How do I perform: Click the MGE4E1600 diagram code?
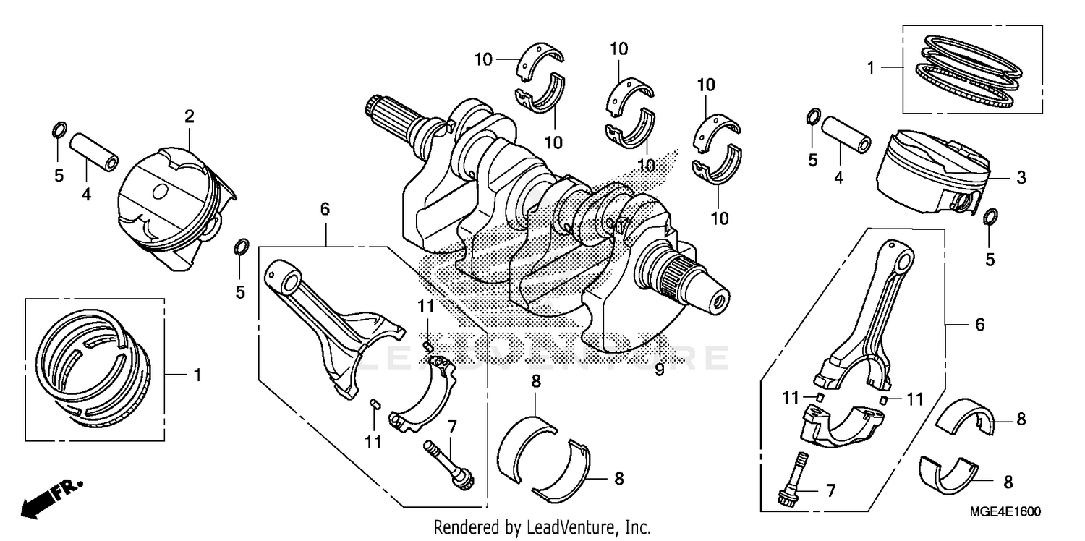click(1006, 512)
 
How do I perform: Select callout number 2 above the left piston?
click(189, 116)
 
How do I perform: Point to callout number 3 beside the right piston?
click(1021, 177)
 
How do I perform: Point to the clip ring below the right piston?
click(990, 216)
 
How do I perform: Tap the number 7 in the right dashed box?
click(830, 491)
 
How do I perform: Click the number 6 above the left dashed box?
click(325, 210)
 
